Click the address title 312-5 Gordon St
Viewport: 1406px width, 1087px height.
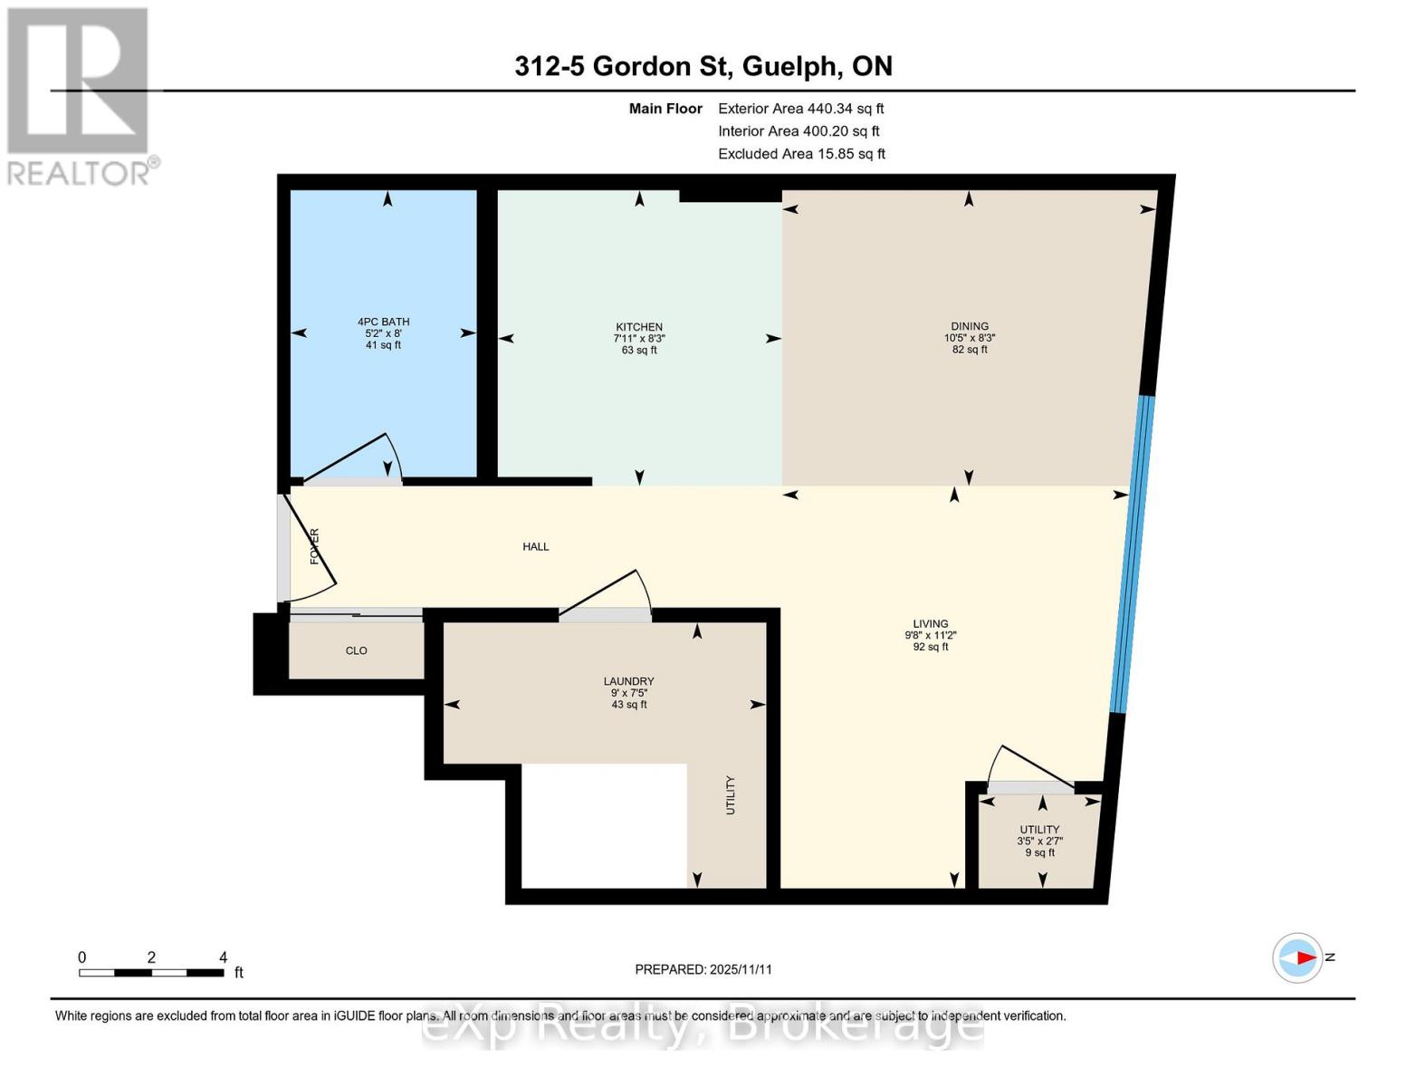[703, 66]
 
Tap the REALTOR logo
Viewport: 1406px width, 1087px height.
[79, 95]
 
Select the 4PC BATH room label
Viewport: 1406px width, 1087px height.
[383, 332]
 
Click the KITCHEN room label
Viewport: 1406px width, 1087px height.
[639, 338]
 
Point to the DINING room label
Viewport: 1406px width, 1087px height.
[969, 337]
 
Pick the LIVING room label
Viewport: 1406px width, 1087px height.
[930, 635]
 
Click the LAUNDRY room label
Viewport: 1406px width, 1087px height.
[628, 692]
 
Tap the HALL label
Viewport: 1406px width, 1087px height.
[535, 546]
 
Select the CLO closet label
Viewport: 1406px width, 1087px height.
[356, 650]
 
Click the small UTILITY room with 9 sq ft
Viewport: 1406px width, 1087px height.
[1039, 841]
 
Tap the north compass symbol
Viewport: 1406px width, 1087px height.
[1298, 957]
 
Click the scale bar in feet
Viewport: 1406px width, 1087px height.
[151, 972]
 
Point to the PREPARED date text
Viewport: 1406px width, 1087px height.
[703, 969]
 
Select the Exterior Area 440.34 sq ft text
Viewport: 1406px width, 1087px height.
[800, 109]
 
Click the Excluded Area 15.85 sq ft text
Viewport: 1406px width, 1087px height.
[801, 154]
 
